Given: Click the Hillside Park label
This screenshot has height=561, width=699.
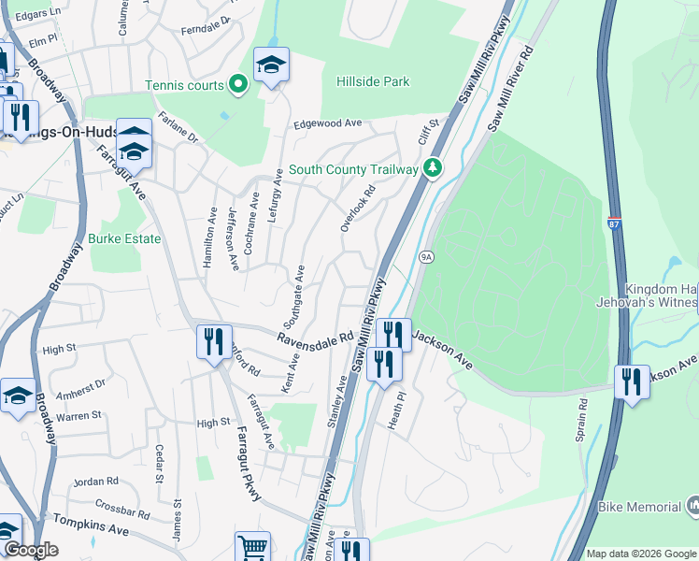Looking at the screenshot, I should [x=373, y=82].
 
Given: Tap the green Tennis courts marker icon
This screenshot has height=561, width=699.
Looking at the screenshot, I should [x=238, y=85].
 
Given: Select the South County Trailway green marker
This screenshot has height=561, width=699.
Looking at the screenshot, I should [x=432, y=169].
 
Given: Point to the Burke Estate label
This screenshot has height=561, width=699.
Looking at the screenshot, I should [x=124, y=238].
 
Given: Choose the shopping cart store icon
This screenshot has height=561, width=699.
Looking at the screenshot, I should [x=251, y=546].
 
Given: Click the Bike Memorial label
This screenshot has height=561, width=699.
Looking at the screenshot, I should [x=640, y=507].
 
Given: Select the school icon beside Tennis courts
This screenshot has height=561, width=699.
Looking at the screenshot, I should [x=271, y=65].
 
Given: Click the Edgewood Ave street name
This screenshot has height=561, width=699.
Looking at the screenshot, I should [x=327, y=123].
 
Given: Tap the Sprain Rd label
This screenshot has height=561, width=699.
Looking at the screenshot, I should [x=580, y=421].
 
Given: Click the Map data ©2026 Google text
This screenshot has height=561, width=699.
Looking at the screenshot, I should [x=641, y=554].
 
